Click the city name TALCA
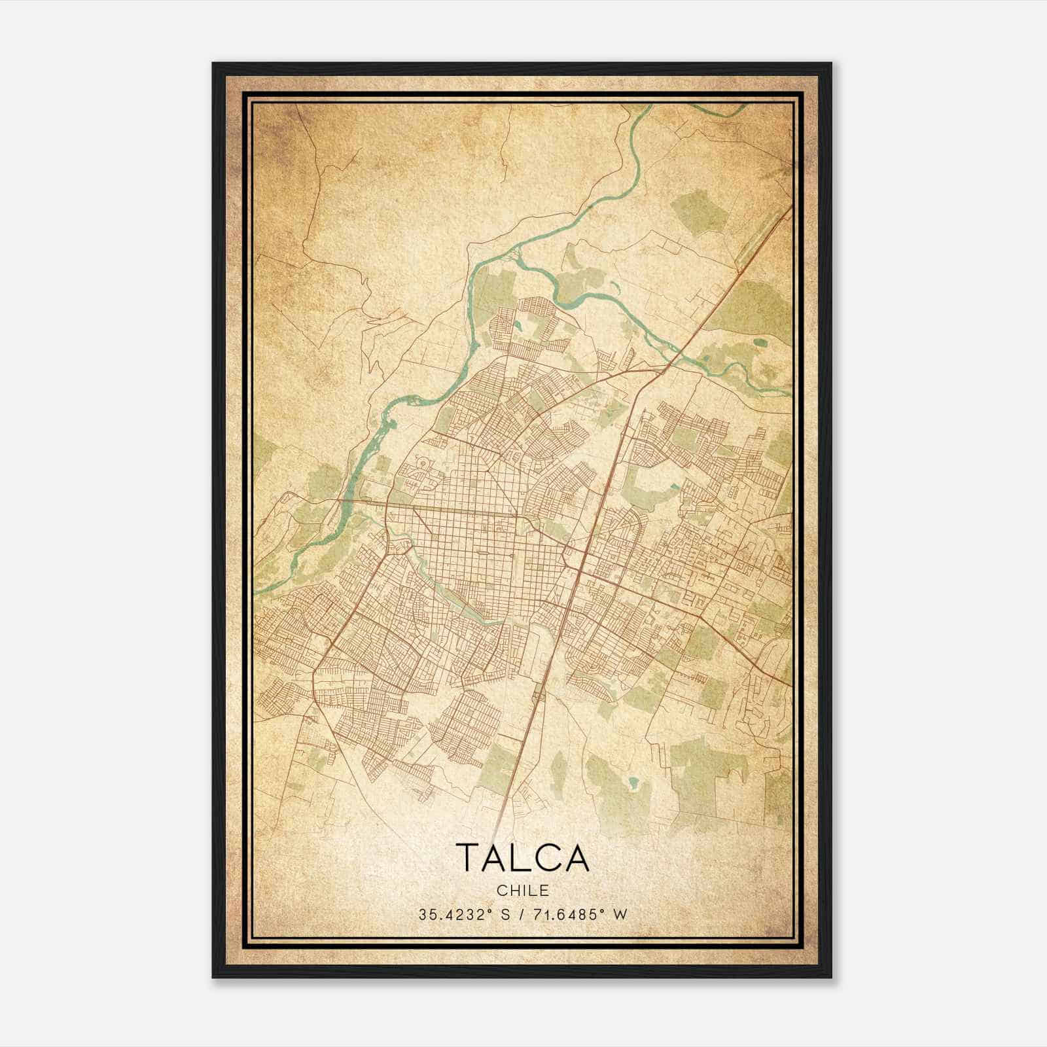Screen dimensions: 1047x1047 tap(523, 858)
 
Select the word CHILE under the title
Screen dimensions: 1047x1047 tap(523, 891)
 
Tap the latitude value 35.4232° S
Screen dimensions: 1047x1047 tap(464, 915)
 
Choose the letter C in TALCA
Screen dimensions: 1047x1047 tap(546, 858)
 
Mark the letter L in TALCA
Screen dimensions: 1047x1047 tap(523, 858)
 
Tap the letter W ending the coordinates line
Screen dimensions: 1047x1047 tap(620, 915)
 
